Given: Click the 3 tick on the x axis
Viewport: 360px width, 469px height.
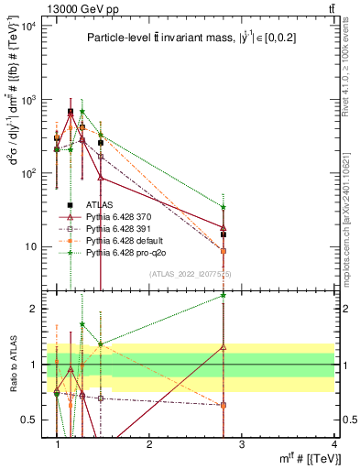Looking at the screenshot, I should click(241, 444).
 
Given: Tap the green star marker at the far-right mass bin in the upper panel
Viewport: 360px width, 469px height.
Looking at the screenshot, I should click(224, 207).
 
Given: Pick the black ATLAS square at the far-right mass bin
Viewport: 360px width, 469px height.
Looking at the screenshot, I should click(224, 234).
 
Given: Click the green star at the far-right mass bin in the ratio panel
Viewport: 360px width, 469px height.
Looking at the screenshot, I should click(224, 295).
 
